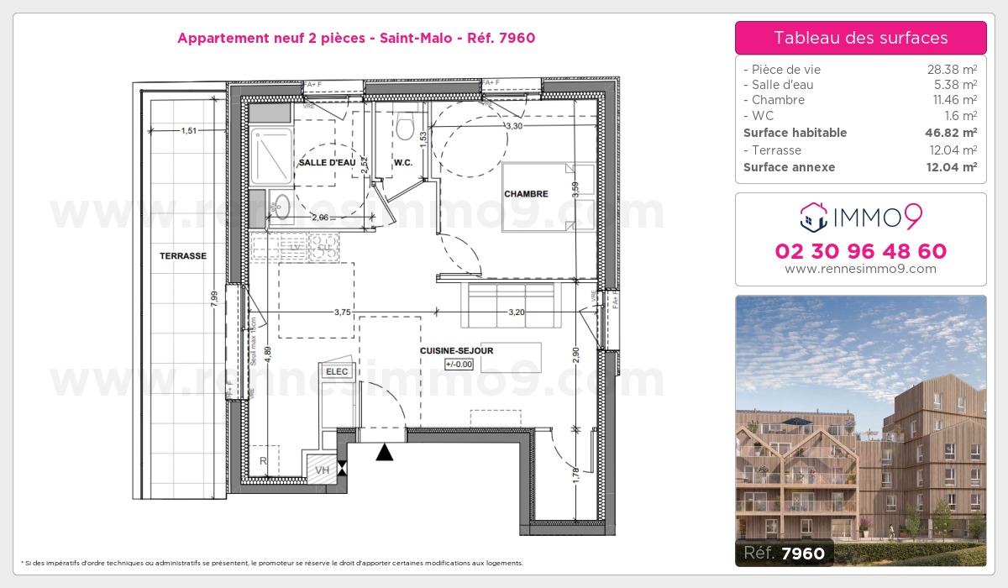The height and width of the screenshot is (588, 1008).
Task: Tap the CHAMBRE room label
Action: point(526,194)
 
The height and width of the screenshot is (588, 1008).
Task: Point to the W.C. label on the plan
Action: point(402,162)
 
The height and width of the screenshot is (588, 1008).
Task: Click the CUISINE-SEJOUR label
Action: point(457,350)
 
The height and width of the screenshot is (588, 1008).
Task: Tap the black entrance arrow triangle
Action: point(384,453)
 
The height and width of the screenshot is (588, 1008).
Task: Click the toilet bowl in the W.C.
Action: point(406,129)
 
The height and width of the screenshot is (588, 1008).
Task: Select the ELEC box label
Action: point(336,370)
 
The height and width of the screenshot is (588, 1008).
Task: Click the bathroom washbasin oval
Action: point(281,205)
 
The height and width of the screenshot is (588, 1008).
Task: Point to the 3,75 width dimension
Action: point(342,312)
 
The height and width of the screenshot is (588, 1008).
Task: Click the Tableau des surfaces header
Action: point(860,38)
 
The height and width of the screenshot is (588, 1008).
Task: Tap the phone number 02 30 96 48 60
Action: point(860,251)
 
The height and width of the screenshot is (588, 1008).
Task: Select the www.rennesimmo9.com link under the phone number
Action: point(860,269)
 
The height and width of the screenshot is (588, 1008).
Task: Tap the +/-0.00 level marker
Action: point(459,364)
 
